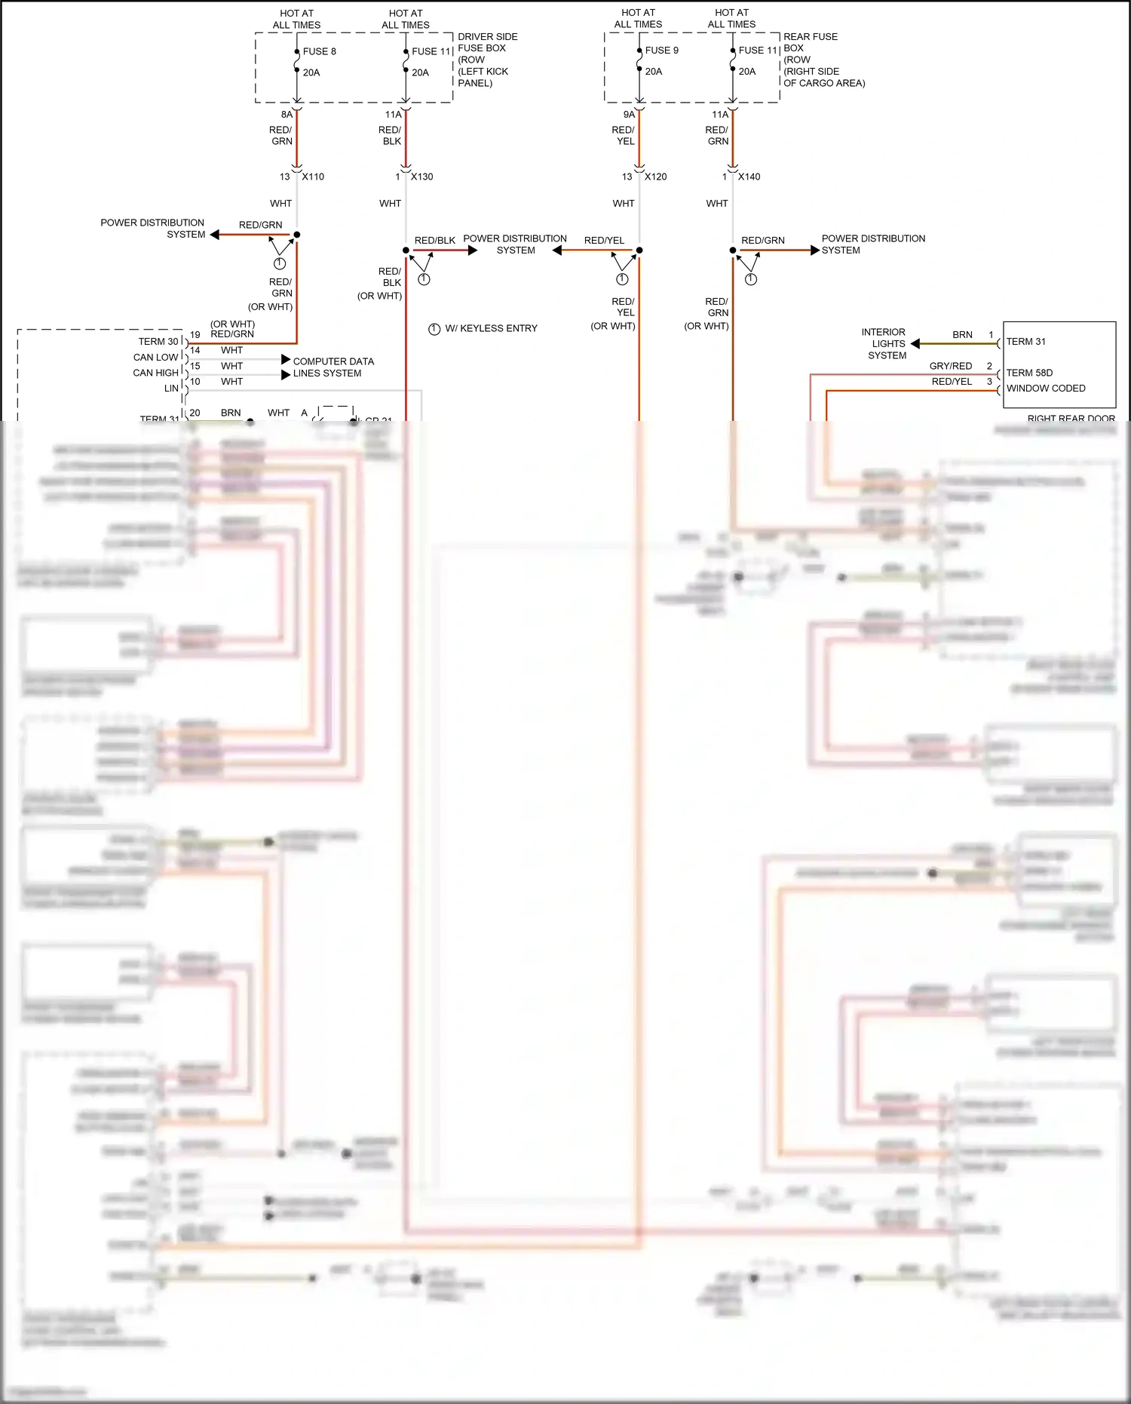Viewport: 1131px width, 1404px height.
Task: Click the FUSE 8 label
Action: coord(319,51)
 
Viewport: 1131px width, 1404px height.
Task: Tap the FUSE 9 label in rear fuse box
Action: coord(661,51)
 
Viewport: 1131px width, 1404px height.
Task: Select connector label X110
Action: coord(313,177)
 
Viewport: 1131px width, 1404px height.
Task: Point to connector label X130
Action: coord(421,177)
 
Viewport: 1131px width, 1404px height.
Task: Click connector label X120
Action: coord(655,177)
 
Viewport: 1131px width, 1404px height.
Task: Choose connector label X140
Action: coord(749,177)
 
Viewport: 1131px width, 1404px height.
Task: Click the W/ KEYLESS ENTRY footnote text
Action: coord(491,328)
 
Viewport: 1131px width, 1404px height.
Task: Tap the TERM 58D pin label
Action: coord(1029,373)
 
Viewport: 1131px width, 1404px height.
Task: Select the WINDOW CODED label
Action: coord(1046,389)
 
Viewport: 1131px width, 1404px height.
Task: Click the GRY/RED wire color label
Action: coord(950,366)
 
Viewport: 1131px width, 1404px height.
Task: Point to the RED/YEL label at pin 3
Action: coord(952,382)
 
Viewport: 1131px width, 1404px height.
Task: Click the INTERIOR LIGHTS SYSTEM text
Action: coord(884,343)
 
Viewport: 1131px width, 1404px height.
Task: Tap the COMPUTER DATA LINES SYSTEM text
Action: coord(333,367)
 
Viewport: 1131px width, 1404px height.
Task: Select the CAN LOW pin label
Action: coord(155,358)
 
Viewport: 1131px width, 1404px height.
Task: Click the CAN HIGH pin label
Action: coord(155,373)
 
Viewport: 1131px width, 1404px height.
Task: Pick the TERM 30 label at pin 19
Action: coord(158,342)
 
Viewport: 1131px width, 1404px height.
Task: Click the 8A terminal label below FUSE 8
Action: coord(287,115)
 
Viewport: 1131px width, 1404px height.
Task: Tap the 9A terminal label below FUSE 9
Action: coord(629,115)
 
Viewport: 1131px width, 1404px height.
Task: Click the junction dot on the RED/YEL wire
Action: coord(639,250)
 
